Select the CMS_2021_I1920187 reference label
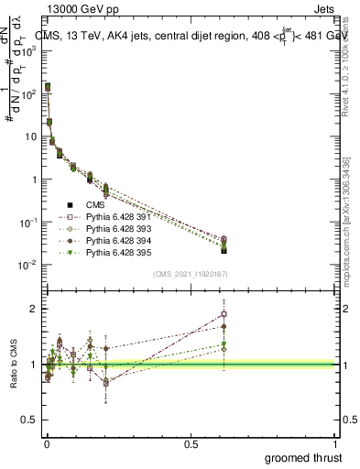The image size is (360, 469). point(191,274)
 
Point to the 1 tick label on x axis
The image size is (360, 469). point(336,444)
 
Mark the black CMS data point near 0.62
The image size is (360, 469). point(224,250)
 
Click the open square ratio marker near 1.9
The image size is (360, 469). point(224,314)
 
